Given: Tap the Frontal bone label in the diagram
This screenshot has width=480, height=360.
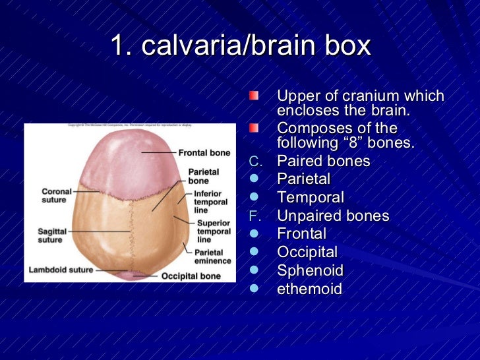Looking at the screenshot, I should pyautogui.click(x=204, y=152).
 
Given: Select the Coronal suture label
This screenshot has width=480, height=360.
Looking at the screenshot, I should pyautogui.click(x=57, y=196).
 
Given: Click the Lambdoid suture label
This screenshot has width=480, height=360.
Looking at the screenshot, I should pyautogui.click(x=60, y=270).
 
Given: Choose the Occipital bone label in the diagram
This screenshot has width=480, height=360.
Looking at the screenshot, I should pyautogui.click(x=191, y=276).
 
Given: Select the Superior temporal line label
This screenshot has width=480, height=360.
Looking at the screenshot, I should pyautogui.click(x=214, y=231).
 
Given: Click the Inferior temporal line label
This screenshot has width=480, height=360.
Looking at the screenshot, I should pyautogui.click(x=210, y=202).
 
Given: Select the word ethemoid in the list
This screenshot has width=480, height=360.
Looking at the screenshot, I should pyautogui.click(x=309, y=289).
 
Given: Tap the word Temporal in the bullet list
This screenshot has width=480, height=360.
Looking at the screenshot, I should pyautogui.click(x=311, y=197).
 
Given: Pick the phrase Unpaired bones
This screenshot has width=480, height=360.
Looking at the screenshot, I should pyautogui.click(x=333, y=216).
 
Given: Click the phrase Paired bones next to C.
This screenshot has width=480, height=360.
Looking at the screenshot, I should pyautogui.click(x=324, y=161).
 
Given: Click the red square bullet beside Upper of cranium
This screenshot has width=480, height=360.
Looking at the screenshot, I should pyautogui.click(x=254, y=96).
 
